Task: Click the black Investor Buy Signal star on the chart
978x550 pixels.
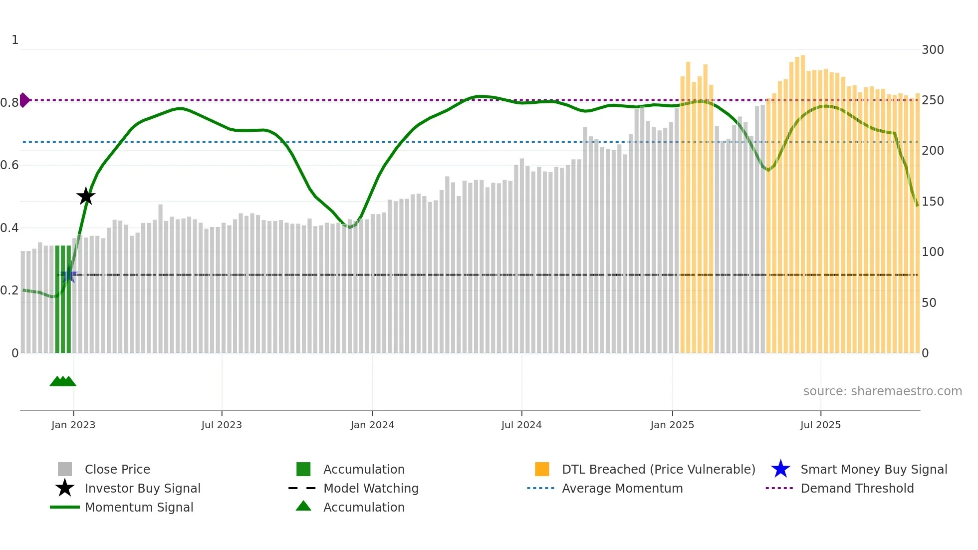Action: (x=86, y=196)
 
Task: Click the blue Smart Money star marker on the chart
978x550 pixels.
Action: (x=69, y=275)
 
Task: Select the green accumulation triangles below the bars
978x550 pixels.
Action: (x=63, y=381)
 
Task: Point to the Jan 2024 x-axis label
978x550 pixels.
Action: (x=372, y=425)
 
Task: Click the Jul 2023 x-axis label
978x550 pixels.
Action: (x=222, y=425)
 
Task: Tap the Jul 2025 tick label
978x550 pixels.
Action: (x=820, y=425)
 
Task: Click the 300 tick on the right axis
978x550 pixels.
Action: (x=932, y=50)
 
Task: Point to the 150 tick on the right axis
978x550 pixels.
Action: (x=932, y=202)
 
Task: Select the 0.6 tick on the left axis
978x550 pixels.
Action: (x=10, y=165)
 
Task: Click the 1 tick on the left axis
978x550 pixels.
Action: (x=15, y=40)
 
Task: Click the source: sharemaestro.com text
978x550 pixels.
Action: (x=882, y=391)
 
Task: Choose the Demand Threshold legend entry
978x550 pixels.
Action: (x=857, y=488)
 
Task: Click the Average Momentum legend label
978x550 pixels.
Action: (x=622, y=488)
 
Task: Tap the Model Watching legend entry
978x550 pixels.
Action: (x=370, y=488)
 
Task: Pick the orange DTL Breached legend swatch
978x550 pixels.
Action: (x=542, y=469)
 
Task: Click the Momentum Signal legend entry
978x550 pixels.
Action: (x=139, y=507)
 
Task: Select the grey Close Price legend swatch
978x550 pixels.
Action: (x=65, y=469)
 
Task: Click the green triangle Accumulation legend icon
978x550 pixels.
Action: (x=303, y=506)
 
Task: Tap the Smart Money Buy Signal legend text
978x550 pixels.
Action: (x=873, y=469)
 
